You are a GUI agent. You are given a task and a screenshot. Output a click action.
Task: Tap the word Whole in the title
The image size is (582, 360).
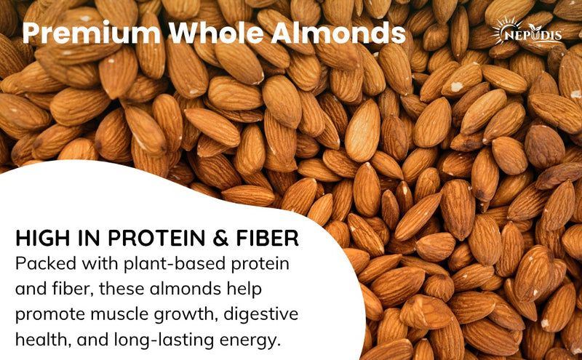(x=210, y=33)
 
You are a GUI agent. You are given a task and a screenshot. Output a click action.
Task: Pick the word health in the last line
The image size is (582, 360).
(x=40, y=340)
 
